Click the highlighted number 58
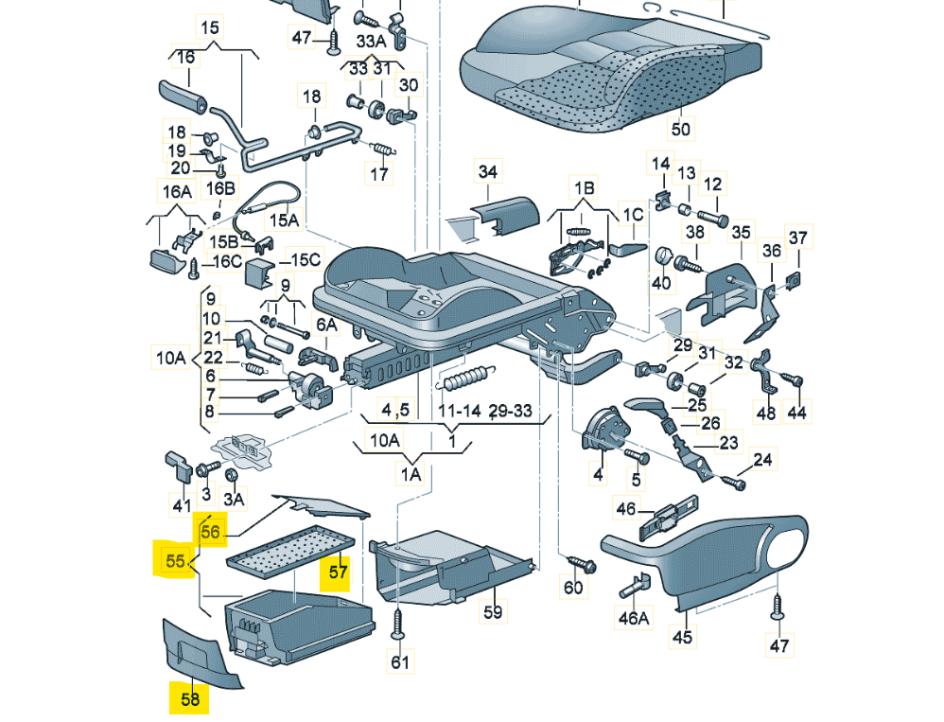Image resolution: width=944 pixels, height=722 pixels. pyautogui.click(x=190, y=699)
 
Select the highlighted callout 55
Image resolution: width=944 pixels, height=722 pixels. pyautogui.click(x=175, y=560)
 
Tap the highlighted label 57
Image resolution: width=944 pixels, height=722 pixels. pyautogui.click(x=339, y=572)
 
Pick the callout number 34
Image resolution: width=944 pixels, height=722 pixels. pyautogui.click(x=487, y=171)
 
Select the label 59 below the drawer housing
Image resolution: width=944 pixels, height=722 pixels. pyautogui.click(x=492, y=612)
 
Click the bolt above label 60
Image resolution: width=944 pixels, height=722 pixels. pyautogui.click(x=574, y=564)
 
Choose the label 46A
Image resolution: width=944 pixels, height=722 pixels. pyautogui.click(x=634, y=618)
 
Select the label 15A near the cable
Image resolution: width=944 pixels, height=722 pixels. pyautogui.click(x=284, y=220)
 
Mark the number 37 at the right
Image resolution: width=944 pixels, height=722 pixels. pyautogui.click(x=798, y=237)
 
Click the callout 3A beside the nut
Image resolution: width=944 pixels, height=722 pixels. pyautogui.click(x=233, y=499)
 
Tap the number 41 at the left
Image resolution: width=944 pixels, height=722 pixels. pyautogui.click(x=181, y=506)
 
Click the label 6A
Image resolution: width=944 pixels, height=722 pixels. pyautogui.click(x=326, y=325)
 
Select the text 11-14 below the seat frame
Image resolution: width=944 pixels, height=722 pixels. pyautogui.click(x=460, y=411)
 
